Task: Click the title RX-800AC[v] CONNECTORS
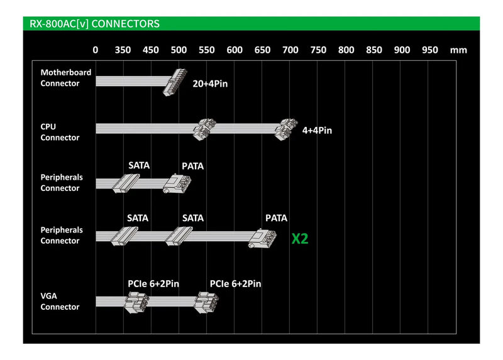tap(94, 24)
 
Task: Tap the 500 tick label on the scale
tap(179, 50)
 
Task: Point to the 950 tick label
tap(430, 50)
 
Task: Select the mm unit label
tap(458, 50)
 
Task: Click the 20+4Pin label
tap(210, 83)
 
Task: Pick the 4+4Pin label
tap(317, 131)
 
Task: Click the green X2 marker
tap(300, 239)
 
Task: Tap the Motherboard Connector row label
tap(65, 78)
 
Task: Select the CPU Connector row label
tap(60, 132)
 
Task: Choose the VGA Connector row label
tap(60, 302)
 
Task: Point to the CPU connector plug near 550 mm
tap(204, 128)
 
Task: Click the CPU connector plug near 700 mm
tap(287, 128)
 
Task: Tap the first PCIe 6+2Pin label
tap(153, 284)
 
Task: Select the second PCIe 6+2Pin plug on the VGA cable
tap(205, 302)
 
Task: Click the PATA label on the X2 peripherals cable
tap(276, 218)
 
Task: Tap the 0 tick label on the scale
tap(96, 50)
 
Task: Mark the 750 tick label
tap(318, 50)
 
